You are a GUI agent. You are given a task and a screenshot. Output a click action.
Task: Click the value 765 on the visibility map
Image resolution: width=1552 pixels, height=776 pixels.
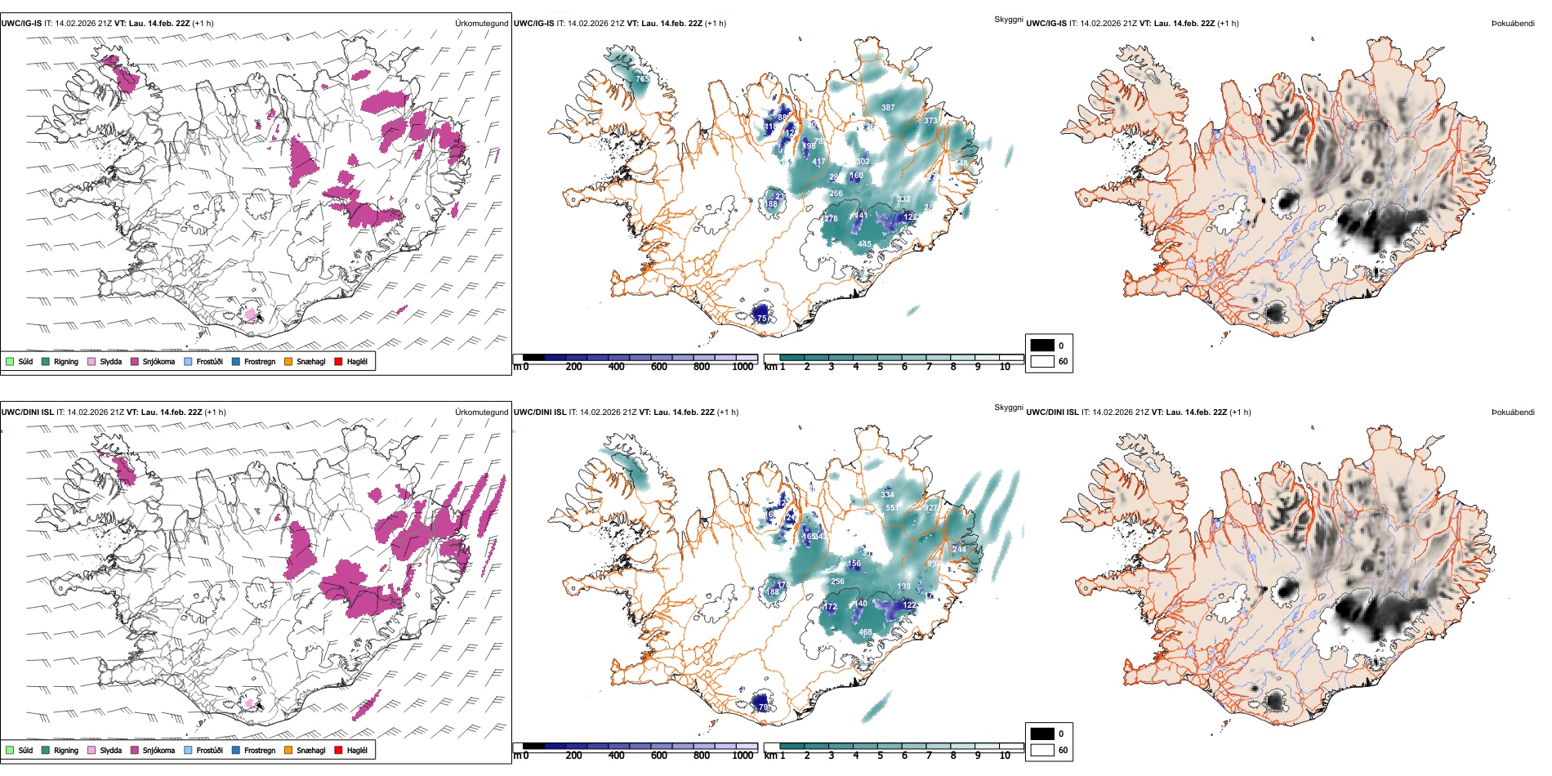tap(643, 79)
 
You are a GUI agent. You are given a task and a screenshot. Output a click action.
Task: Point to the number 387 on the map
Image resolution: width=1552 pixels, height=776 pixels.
tap(888, 108)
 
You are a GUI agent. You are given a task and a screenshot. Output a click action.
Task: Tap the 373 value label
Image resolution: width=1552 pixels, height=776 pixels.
tap(930, 121)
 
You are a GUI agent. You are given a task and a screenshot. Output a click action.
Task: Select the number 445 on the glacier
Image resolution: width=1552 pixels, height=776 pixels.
tap(864, 244)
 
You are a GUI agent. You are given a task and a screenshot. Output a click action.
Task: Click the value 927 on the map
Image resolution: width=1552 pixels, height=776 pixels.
tap(930, 508)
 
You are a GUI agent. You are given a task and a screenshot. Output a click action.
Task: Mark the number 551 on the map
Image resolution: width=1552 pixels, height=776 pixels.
tap(892, 508)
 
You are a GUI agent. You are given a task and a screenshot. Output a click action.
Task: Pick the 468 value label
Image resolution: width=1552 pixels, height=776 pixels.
tap(865, 632)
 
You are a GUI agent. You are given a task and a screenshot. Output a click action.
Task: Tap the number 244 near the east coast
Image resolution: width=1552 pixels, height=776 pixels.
tap(959, 550)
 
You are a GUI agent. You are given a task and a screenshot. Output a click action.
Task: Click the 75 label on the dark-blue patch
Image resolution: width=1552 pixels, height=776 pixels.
tap(762, 319)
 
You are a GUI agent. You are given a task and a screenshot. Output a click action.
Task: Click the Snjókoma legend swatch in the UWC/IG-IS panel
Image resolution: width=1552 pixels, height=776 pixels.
tap(135, 361)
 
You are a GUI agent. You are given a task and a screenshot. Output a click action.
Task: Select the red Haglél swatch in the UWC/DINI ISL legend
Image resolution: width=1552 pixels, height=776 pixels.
tap(338, 750)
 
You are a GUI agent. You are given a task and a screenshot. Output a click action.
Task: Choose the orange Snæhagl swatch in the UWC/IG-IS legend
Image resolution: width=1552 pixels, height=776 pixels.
tap(288, 361)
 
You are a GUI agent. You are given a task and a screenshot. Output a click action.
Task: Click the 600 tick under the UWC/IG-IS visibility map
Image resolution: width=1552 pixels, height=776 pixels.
tap(658, 368)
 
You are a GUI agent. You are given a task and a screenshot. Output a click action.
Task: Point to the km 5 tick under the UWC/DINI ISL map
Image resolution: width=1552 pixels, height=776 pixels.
tap(880, 756)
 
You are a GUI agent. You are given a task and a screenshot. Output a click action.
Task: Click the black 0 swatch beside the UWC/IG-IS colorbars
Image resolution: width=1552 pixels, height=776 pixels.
tap(1042, 346)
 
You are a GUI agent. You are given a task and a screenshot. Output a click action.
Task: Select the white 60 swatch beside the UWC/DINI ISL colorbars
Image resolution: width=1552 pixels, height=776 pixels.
tap(1042, 750)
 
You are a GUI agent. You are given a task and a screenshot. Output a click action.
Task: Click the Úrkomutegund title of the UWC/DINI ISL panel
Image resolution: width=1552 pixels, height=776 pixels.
tap(481, 413)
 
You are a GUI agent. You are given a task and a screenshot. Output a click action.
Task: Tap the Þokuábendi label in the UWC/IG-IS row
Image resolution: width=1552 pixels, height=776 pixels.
tap(1513, 24)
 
